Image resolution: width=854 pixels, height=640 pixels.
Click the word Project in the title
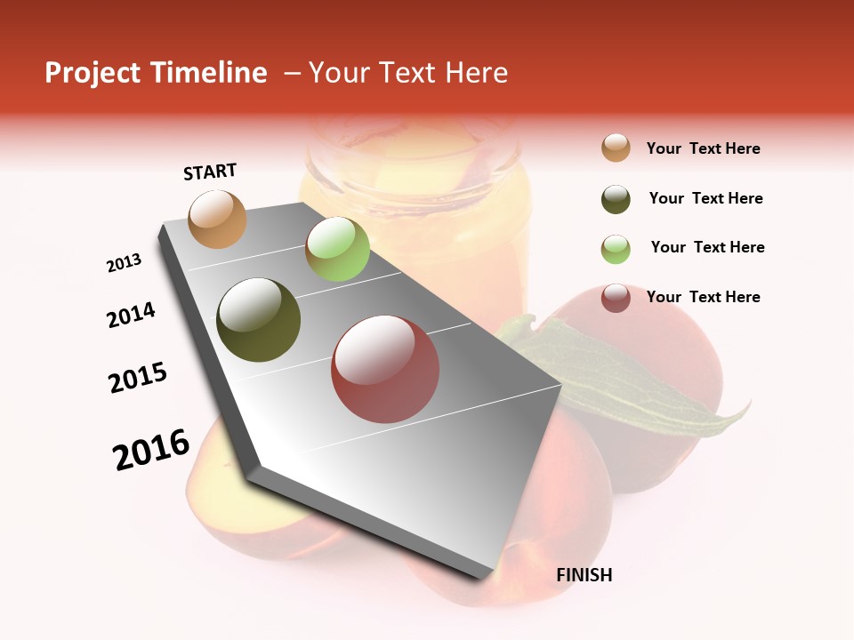coord(93,73)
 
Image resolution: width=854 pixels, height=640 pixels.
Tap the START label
coord(210,172)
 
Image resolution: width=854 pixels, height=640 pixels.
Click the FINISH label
coord(584,575)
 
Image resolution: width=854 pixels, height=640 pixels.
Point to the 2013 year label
coord(124,263)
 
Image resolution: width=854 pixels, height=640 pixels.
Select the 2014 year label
coord(131,315)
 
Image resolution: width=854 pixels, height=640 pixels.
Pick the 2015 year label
coord(138,378)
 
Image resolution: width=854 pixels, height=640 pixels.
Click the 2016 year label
coord(151,450)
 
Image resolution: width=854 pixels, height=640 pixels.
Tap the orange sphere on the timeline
coord(217,220)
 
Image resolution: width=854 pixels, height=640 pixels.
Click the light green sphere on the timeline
coord(337,249)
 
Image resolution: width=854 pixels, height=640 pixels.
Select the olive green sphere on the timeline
coord(258,320)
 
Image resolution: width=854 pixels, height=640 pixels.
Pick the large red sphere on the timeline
coord(385,369)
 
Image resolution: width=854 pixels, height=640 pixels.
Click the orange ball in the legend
coord(616,148)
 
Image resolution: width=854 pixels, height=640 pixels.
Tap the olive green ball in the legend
coord(616,199)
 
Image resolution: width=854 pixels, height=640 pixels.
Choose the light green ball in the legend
coord(616,249)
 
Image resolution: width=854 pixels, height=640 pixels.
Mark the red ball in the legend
coord(616,298)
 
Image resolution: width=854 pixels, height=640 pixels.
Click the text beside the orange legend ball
coord(703,148)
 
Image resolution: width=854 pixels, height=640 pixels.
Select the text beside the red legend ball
coord(703,297)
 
